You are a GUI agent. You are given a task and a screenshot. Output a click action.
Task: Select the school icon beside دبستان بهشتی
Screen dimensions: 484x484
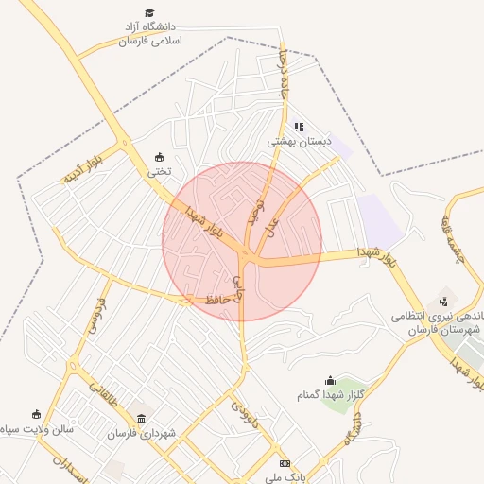(x=299, y=126)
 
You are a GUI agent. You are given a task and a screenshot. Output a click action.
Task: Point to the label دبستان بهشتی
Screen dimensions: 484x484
(x=301, y=141)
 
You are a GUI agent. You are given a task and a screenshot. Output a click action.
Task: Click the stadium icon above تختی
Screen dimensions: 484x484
(x=158, y=157)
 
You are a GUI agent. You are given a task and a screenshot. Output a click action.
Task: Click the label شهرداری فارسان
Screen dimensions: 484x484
(x=142, y=434)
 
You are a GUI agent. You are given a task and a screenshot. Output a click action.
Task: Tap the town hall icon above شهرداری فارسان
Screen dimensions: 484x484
(x=142, y=419)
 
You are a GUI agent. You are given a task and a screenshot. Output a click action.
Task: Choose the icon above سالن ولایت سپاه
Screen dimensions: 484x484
(x=36, y=414)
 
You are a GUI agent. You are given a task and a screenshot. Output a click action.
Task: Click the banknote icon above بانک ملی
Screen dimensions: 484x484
(x=285, y=462)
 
